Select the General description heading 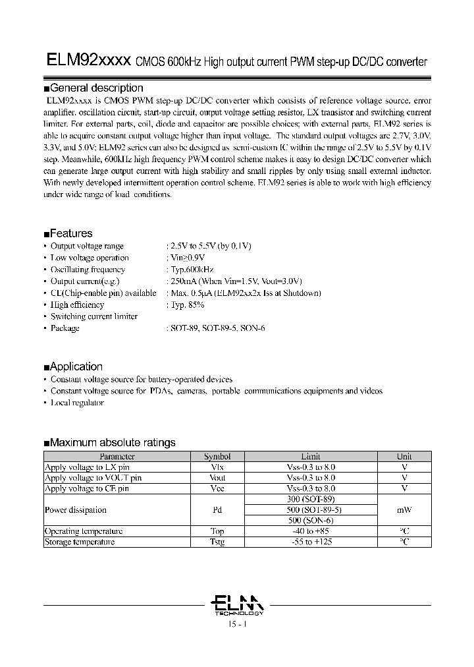pyautogui.click(x=96, y=88)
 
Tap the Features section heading pyautogui.click(x=71, y=233)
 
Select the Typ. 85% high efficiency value pyautogui.click(x=187, y=305)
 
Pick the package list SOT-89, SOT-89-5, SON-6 pyautogui.click(x=217, y=328)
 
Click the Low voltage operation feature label pyautogui.click(x=90, y=258)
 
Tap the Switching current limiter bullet pyautogui.click(x=93, y=316)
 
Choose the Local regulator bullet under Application pyautogui.click(x=77, y=403)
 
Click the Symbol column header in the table pyautogui.click(x=217, y=456)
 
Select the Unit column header pyautogui.click(x=404, y=456)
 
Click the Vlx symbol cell pyautogui.click(x=217, y=467)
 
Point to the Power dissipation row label pyautogui.click(x=76, y=509)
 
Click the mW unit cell pyautogui.click(x=404, y=509)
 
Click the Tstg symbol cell pyautogui.click(x=217, y=542)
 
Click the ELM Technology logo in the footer pyautogui.click(x=236, y=604)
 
